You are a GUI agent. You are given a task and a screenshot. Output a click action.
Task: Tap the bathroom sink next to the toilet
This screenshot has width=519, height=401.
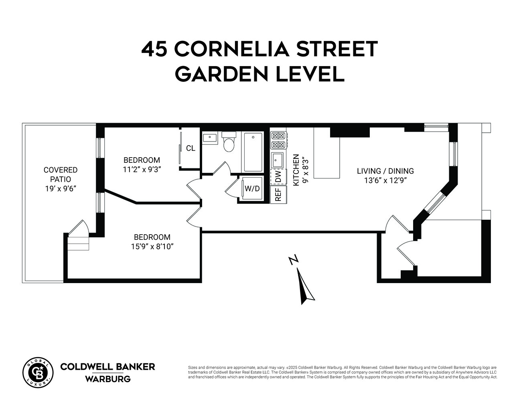pos(210,138)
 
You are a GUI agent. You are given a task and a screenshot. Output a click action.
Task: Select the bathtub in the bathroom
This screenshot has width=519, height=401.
pos(252,152)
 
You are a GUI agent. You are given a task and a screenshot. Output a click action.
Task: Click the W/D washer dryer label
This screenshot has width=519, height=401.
pos(252,188)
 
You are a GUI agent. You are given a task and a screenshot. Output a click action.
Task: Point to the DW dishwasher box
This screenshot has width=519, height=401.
pos(279,176)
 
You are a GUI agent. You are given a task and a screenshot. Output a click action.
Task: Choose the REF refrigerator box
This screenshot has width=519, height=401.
pos(278,194)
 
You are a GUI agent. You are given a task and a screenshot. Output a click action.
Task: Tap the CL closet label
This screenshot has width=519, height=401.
pos(191,148)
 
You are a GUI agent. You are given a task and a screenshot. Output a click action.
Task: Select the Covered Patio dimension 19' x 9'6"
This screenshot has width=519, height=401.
pos(60,188)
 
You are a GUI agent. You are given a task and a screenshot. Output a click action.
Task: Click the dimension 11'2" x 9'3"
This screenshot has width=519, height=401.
pos(142,169)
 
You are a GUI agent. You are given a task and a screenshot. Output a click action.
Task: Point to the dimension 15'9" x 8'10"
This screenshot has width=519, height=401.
pos(152,246)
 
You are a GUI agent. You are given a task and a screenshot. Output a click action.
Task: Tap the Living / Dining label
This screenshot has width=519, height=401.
pos(385,171)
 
